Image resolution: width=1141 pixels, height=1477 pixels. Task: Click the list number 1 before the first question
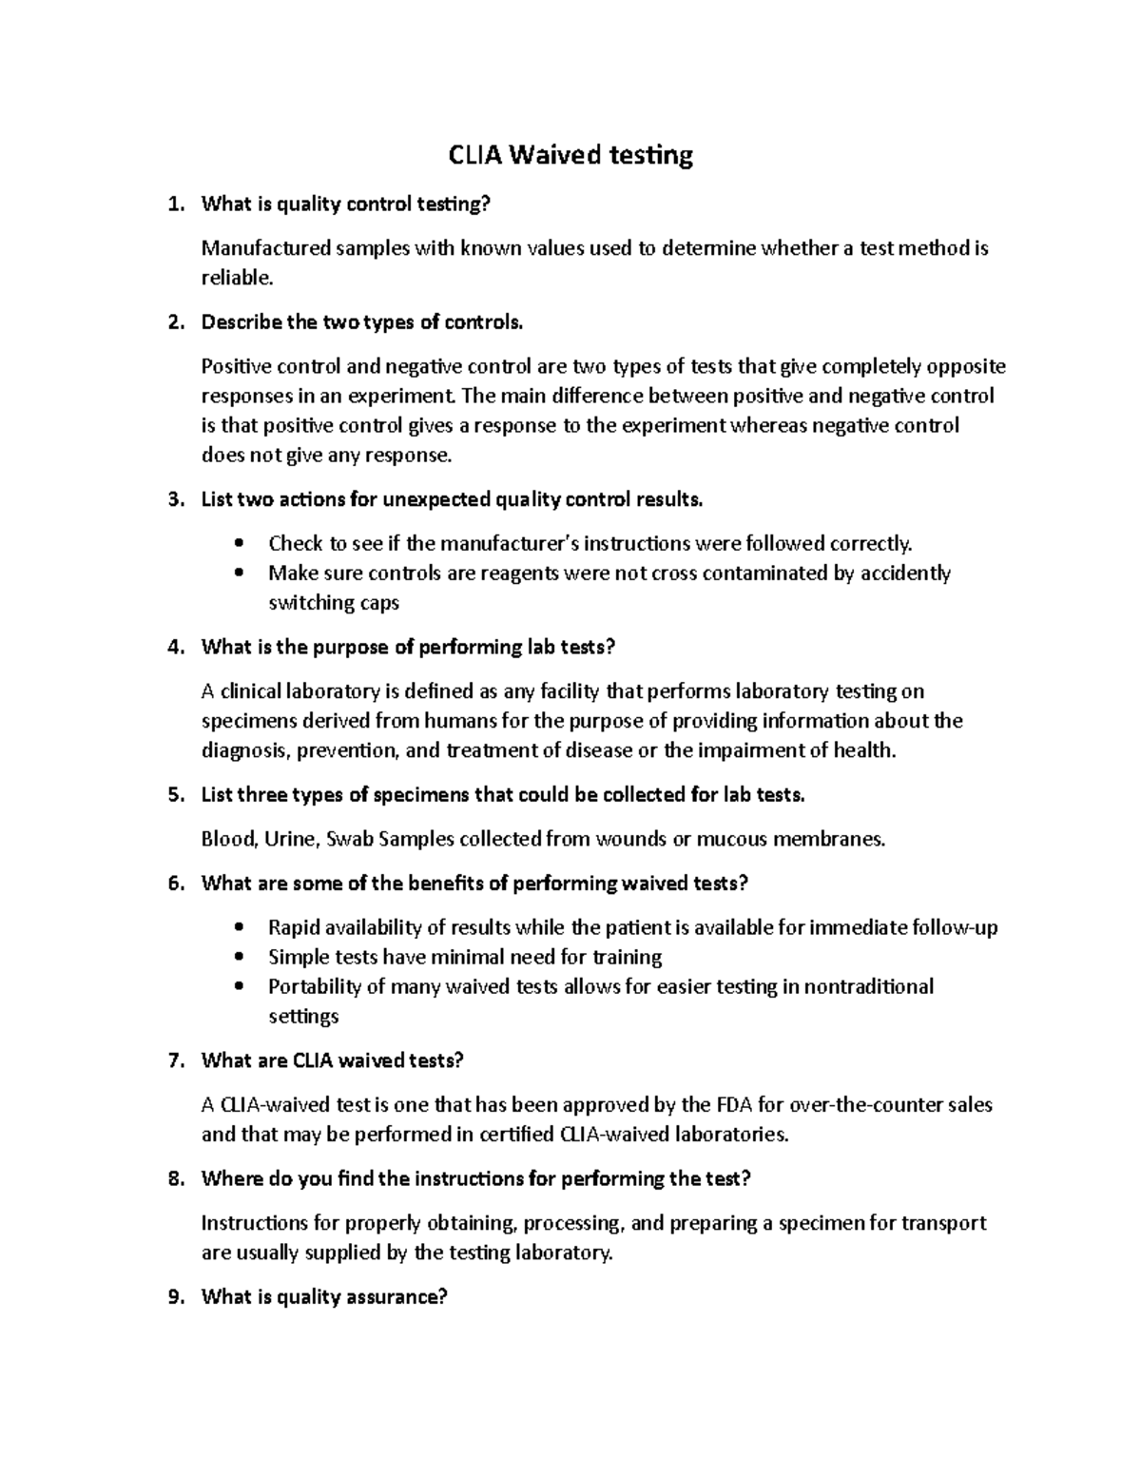(x=173, y=204)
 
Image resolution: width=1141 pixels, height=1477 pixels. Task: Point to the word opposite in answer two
(x=966, y=366)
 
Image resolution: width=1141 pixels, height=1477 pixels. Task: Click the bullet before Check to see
(x=239, y=544)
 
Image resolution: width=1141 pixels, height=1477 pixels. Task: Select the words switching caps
(x=333, y=603)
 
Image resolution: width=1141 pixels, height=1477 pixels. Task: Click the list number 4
(x=173, y=648)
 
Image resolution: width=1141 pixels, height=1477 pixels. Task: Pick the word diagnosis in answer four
(x=244, y=750)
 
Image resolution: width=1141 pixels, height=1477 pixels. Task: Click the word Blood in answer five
(x=228, y=839)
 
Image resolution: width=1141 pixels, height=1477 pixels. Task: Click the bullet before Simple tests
(x=239, y=958)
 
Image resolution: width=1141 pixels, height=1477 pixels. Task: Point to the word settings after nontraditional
(x=303, y=1017)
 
